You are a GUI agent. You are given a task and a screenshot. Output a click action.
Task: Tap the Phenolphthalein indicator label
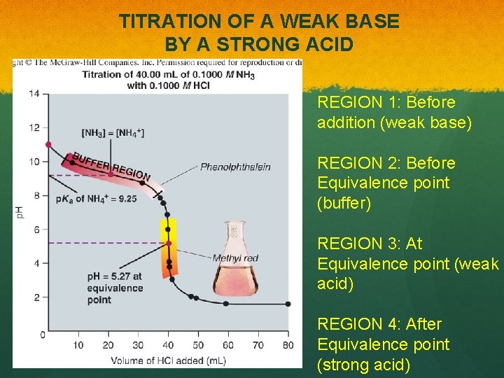(x=235, y=167)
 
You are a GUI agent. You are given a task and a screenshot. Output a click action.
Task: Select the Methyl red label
(x=234, y=258)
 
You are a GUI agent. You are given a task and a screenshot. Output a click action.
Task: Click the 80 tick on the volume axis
(x=288, y=345)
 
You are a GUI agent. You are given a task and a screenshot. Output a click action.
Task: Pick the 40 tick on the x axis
(x=168, y=345)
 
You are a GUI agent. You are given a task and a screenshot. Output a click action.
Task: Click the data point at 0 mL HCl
(x=48, y=145)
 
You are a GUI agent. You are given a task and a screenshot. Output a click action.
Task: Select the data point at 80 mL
(x=288, y=304)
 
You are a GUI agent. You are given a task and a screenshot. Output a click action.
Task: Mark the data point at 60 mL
(x=225, y=303)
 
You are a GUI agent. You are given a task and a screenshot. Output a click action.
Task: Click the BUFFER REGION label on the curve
(x=111, y=166)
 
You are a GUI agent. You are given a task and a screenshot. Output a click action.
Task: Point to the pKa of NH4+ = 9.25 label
(x=96, y=199)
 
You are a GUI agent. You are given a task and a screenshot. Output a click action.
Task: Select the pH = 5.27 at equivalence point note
(x=115, y=288)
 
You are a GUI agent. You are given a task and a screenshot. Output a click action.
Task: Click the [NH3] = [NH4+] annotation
(x=113, y=132)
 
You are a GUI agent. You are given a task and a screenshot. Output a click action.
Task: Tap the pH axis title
(x=20, y=211)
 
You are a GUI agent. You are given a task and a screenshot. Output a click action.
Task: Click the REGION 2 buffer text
(x=386, y=183)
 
